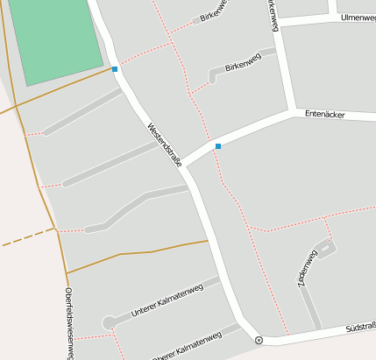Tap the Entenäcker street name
coord(324,114)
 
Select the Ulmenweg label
coord(358,17)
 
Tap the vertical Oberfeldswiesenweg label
coord(69,323)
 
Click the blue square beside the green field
coord(115,68)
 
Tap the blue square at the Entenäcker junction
coord(218,146)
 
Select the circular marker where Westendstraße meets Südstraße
coord(259,340)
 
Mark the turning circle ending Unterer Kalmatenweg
coord(108,323)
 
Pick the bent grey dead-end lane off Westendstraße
coord(131,206)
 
